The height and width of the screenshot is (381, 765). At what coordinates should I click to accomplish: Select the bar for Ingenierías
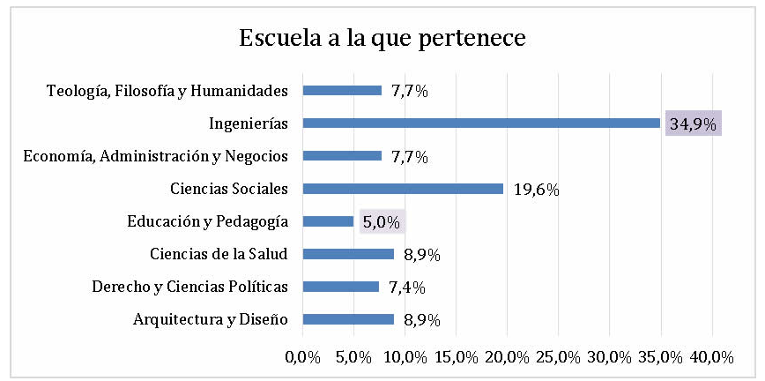coord(481,123)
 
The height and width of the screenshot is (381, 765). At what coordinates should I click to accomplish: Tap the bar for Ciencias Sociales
coord(403,188)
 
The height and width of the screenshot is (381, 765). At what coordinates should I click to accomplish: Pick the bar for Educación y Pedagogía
coord(328,221)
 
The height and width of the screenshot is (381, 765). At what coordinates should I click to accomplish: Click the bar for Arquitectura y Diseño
coord(348,319)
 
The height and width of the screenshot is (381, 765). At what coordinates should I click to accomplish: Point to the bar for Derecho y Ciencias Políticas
coord(340,287)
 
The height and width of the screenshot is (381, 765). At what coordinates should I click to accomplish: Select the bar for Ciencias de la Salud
coord(348,254)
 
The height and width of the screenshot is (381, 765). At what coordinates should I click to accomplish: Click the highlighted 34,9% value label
coord(692,123)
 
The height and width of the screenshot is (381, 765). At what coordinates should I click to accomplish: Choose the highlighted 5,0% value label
coord(381,221)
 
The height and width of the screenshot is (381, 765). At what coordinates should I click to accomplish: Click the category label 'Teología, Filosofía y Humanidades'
coord(167,90)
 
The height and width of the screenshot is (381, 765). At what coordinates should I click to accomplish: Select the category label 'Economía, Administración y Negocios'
coord(156,156)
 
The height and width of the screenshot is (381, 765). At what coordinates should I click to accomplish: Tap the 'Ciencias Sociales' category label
coord(230,188)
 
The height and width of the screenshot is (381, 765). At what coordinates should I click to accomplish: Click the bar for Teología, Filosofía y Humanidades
coord(342,90)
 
